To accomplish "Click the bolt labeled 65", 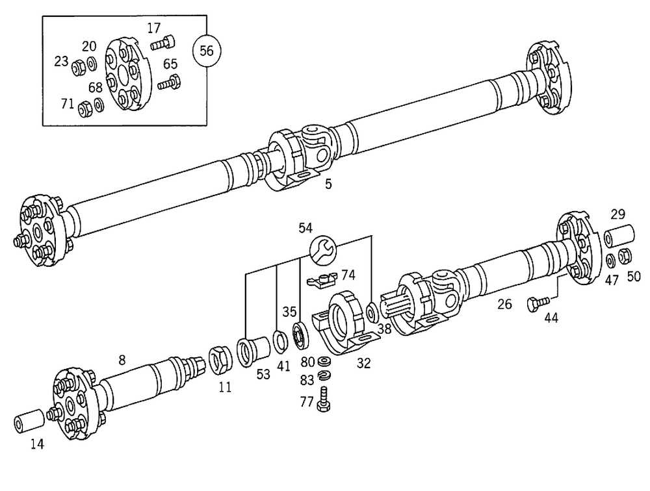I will coord(168,82).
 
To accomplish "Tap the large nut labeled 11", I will coord(219,360).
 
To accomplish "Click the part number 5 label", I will coord(328,184).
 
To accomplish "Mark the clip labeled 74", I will coord(320,279).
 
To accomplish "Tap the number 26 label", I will coord(504,303).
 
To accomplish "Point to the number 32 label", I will coord(363,364).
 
